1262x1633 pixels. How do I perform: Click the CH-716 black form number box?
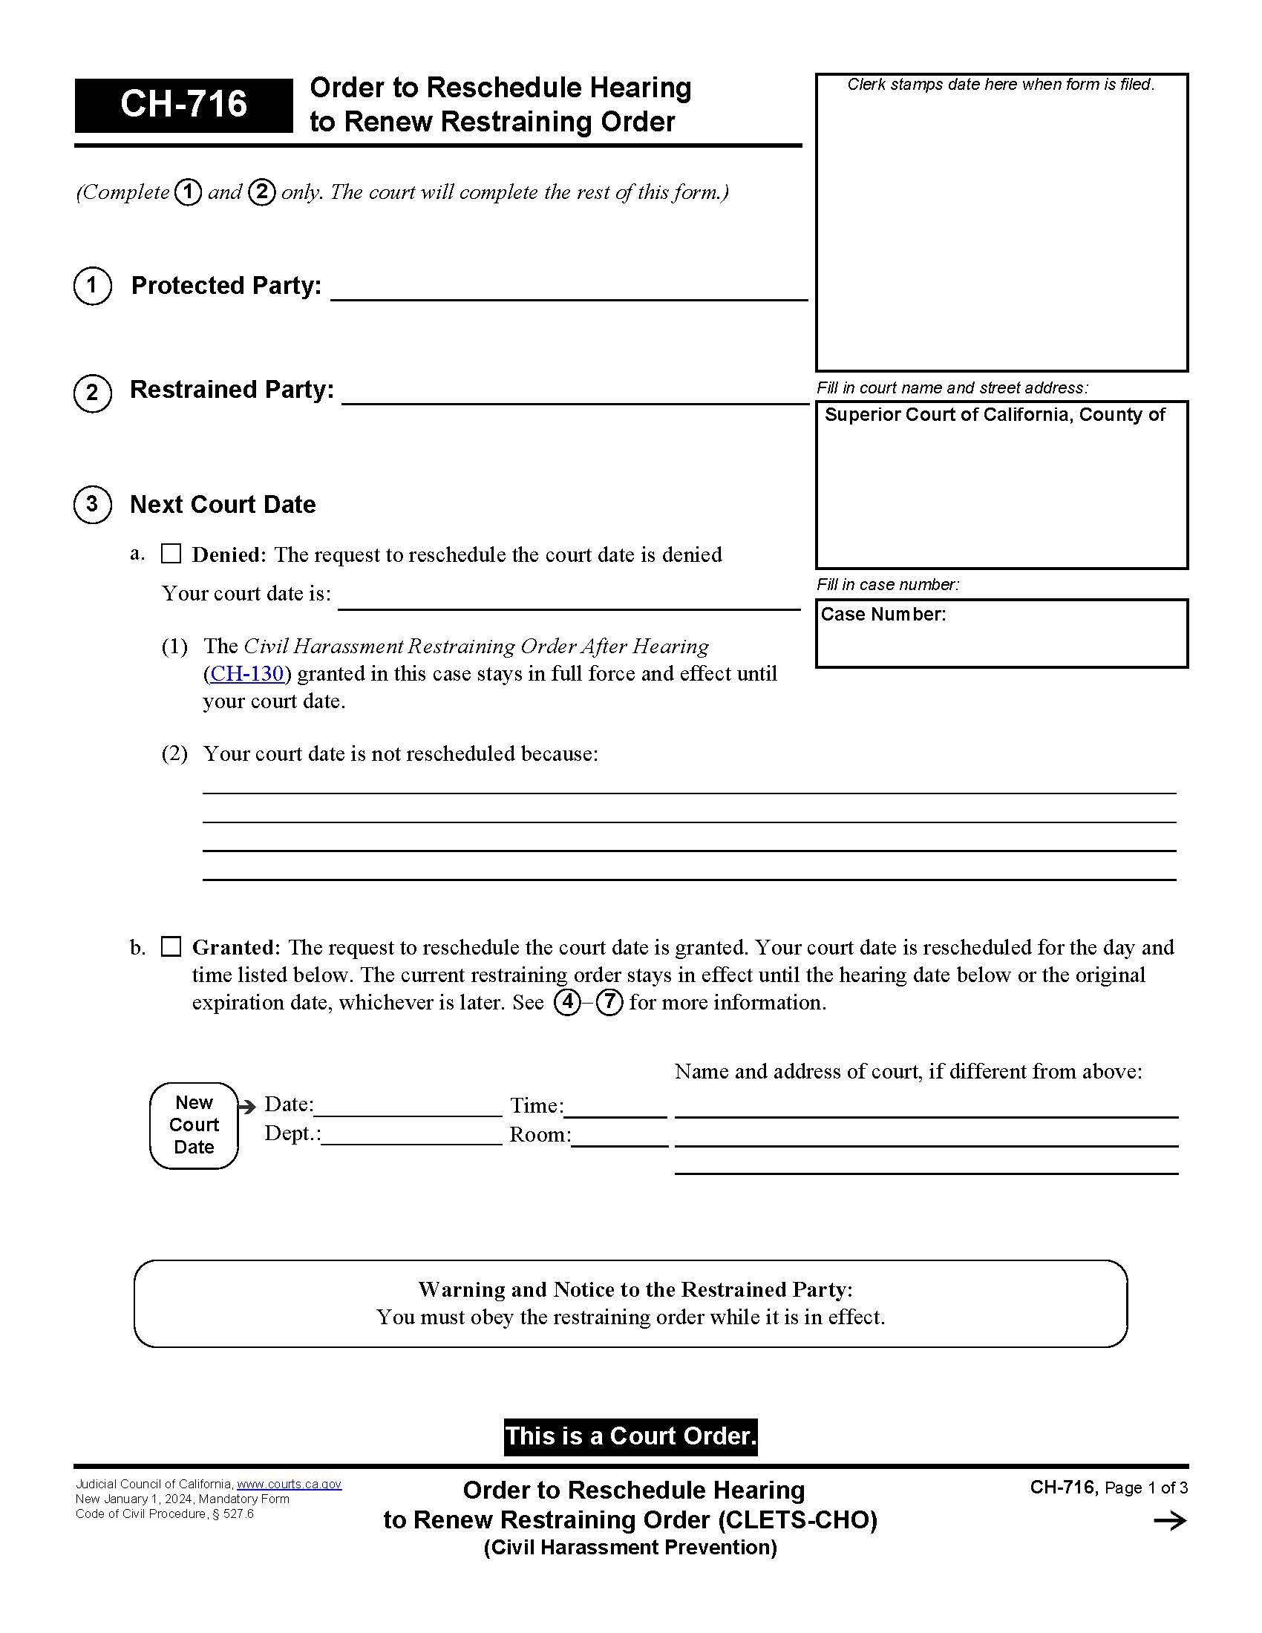[183, 105]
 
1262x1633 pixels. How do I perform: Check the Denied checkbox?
[171, 554]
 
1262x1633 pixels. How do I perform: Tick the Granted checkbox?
[171, 946]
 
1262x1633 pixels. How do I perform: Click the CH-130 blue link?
[246, 674]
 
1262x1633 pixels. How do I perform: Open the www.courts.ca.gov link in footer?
[289, 1485]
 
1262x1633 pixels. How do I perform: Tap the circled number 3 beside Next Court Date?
[92, 505]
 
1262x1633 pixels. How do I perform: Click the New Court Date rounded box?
[194, 1125]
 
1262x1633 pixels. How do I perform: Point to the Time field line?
[615, 1107]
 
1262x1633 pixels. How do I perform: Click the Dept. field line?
[411, 1136]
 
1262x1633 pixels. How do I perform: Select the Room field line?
[619, 1136]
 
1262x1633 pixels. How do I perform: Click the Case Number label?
[883, 615]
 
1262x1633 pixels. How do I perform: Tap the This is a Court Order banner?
[630, 1436]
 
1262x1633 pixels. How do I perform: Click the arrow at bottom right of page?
[1169, 1520]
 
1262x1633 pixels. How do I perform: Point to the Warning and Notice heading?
[635, 1290]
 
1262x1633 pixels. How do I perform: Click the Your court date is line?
[568, 600]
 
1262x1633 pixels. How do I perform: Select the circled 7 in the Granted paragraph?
[609, 1002]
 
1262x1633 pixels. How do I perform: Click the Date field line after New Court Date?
[408, 1107]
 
